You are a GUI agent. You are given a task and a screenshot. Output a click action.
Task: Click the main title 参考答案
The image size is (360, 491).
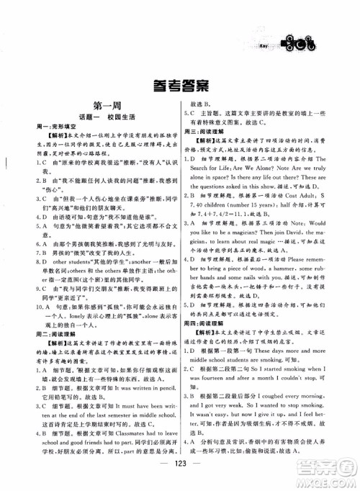(179, 86)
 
